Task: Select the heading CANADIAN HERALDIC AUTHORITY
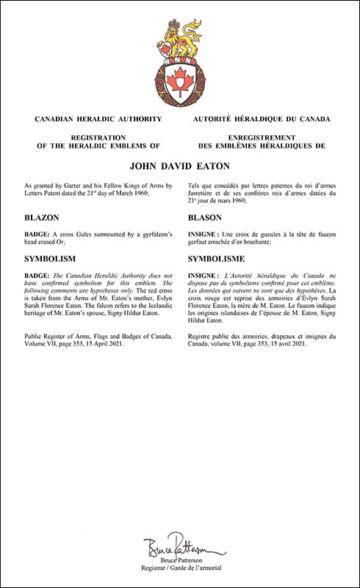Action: pos(93,118)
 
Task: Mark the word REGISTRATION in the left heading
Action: pos(93,137)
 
